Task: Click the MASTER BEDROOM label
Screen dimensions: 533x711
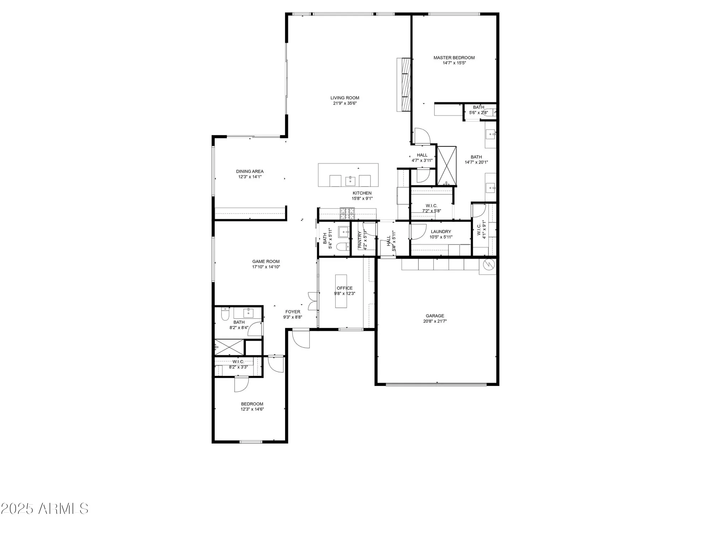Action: [x=454, y=58]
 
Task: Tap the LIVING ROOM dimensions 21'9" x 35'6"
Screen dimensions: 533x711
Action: [x=344, y=103]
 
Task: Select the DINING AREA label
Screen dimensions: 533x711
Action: [x=250, y=171]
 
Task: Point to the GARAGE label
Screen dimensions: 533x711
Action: [x=435, y=316]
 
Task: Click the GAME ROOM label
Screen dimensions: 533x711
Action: [x=266, y=262]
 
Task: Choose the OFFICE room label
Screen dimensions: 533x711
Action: [x=344, y=288]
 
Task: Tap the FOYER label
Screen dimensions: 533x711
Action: [x=293, y=312]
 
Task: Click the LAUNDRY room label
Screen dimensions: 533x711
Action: [x=441, y=232]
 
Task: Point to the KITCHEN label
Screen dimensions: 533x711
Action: [x=362, y=193]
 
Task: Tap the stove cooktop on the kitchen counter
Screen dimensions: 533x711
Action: [x=347, y=213]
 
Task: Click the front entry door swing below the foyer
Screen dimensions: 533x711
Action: [x=301, y=339]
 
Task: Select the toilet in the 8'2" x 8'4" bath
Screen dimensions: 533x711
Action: [x=225, y=314]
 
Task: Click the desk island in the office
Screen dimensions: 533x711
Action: [x=341, y=291]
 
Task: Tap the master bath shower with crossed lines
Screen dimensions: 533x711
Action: [x=447, y=166]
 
